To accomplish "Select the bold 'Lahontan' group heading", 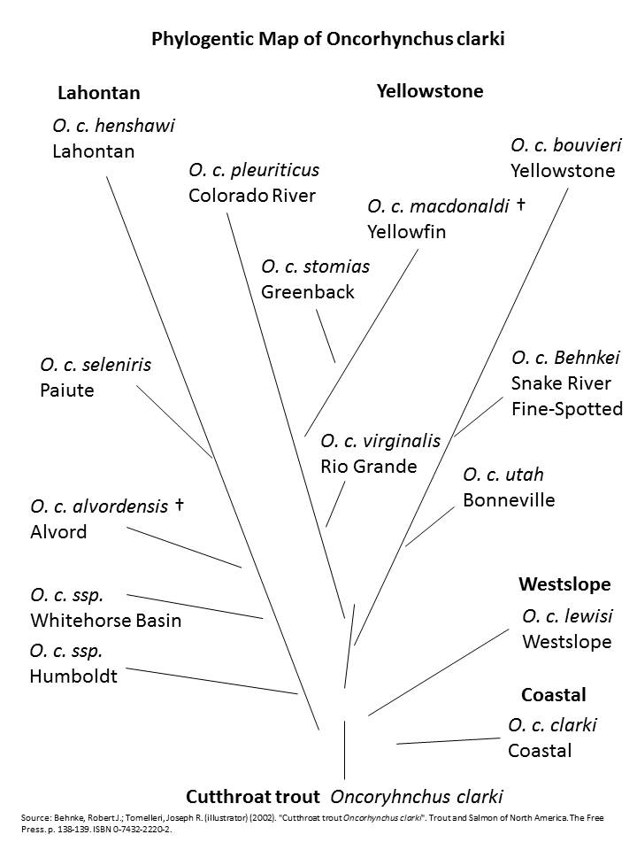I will [98, 93].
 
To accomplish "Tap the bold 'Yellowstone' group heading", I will [430, 90].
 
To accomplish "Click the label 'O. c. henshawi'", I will [113, 126].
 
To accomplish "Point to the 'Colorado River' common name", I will [252, 196].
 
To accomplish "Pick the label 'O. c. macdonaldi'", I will [438, 206].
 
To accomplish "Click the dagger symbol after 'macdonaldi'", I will [520, 205].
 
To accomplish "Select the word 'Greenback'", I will [307, 292].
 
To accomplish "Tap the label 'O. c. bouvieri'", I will [566, 145].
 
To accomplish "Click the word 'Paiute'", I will [67, 390].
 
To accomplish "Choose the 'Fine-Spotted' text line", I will [566, 409].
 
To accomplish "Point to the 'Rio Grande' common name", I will [368, 466].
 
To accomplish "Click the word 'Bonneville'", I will [509, 500].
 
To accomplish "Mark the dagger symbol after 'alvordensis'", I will [179, 505].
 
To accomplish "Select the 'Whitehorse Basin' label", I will [106, 620].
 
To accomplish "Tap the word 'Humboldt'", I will [73, 676].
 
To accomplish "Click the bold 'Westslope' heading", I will [564, 584].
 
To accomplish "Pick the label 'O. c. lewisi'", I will [567, 616].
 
